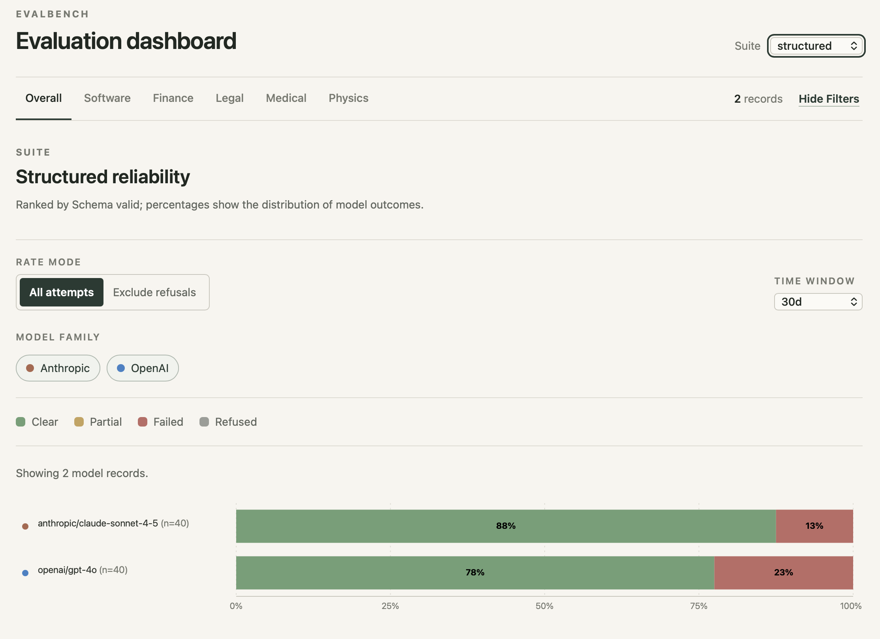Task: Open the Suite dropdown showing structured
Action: click(816, 46)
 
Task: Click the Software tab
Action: click(107, 98)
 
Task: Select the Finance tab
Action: click(173, 98)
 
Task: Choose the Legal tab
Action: click(229, 98)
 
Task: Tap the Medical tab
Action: click(286, 98)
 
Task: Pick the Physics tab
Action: click(348, 98)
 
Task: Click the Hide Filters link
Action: click(829, 99)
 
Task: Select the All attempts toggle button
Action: click(62, 292)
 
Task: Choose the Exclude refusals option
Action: click(154, 292)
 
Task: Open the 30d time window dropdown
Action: click(818, 302)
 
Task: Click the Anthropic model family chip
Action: click(58, 368)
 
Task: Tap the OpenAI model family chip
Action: click(143, 368)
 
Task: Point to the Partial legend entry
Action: click(98, 422)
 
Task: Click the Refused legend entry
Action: click(228, 422)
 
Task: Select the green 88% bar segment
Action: click(506, 526)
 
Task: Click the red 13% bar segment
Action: click(814, 526)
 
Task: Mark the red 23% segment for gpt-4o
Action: click(784, 573)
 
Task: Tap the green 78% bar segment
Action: click(475, 573)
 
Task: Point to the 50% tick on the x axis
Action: click(544, 606)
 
